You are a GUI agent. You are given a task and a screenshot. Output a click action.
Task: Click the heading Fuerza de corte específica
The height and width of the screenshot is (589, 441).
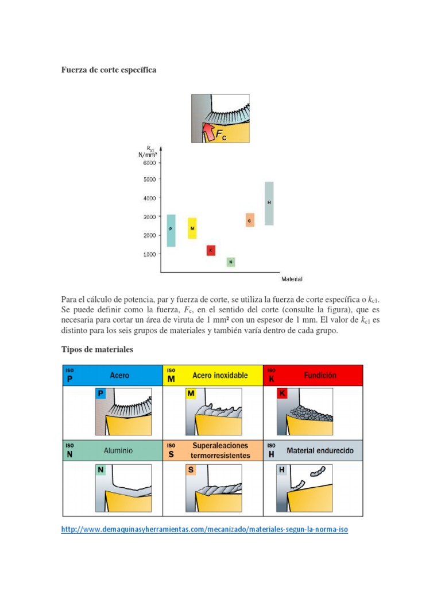coord(109,70)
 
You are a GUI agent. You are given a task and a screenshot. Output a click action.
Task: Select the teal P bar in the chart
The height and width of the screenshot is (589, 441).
coord(171,230)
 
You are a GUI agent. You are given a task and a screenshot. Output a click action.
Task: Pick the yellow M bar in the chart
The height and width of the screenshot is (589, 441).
coord(192,228)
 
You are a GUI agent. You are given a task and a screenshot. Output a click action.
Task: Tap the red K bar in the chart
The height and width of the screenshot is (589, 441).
coord(211,250)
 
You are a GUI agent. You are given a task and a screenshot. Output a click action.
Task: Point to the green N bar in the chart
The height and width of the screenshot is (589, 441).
coord(231,262)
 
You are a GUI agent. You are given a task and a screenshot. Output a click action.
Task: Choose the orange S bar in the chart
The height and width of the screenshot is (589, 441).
coord(250,220)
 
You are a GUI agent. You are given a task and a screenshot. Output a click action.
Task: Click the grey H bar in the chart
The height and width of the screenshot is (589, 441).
coord(269,203)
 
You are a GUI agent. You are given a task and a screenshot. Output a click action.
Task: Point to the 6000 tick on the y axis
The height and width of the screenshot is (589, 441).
coord(149,163)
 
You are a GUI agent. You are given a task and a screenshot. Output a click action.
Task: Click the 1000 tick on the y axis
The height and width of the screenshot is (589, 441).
coord(149,254)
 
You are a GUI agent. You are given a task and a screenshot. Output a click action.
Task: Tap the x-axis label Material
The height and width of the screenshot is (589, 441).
coord(292,279)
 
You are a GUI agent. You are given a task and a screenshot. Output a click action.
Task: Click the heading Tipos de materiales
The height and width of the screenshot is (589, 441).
coord(97,350)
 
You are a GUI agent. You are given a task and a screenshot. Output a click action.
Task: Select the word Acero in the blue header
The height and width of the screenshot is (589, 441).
coord(119,375)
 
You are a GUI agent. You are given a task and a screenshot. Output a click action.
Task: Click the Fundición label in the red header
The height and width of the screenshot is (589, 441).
coord(320,375)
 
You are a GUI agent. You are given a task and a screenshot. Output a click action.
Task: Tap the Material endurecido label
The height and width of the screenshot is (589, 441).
coord(324,451)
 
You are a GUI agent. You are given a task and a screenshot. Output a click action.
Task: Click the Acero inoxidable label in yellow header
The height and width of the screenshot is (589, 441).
coord(220,375)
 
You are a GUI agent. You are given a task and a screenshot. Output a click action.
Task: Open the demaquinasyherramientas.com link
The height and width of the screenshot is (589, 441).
coord(204,530)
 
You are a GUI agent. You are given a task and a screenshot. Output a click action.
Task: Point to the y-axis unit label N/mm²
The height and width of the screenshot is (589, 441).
coord(148,154)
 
